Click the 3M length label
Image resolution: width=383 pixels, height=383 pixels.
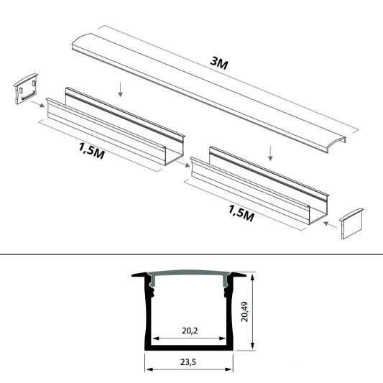coord(219,63)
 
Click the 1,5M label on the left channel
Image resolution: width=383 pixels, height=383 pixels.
coord(91,151)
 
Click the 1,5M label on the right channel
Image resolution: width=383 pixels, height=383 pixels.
coord(241,213)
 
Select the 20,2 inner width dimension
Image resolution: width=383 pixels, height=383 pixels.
coord(190,331)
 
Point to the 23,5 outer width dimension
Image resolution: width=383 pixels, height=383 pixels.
coord(188,362)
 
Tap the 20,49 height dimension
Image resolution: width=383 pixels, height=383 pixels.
coord(244,312)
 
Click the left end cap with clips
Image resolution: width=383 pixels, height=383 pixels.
coord(26,88)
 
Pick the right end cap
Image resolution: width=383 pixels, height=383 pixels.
coord(351,223)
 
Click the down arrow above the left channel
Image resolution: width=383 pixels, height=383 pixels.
coord(120,89)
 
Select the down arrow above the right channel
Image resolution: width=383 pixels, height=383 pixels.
coord(270,153)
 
